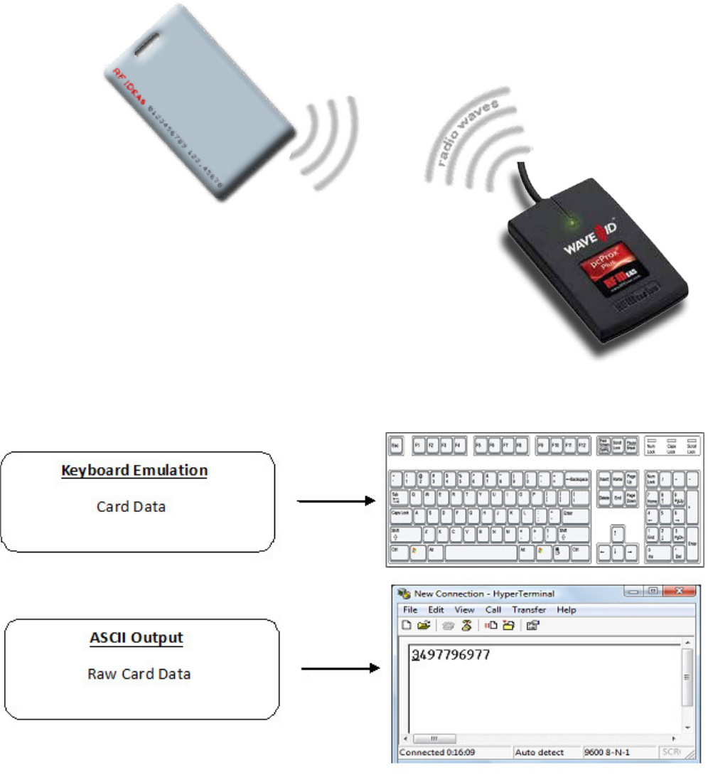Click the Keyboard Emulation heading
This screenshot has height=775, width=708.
tap(134, 471)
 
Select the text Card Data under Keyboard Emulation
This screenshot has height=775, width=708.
tap(132, 507)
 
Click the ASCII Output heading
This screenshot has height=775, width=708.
tap(136, 638)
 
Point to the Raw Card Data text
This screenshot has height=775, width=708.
tap(139, 674)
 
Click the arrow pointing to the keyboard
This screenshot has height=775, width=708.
tap(335, 501)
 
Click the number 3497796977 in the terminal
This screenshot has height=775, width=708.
tap(451, 654)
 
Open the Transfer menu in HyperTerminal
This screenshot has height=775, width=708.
tap(529, 610)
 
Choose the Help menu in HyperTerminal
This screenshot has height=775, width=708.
tap(567, 610)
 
